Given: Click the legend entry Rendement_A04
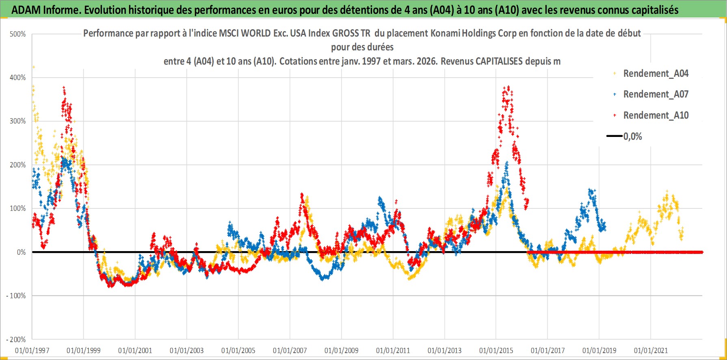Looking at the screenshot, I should tap(656, 74).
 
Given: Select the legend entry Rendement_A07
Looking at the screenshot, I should tap(656, 94).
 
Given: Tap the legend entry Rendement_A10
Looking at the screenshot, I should tap(656, 115).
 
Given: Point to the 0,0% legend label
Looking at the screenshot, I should tap(633, 137).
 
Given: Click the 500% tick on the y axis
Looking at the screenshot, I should tap(18, 34).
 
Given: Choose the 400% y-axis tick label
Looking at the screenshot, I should tap(18, 78).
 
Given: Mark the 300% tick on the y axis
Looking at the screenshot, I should tap(18, 121).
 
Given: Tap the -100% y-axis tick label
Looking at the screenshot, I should tap(16, 296).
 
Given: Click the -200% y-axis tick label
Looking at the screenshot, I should tap(16, 340).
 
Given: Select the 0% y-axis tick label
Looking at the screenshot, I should tap(21, 252).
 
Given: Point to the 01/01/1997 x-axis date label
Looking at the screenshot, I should tap(32, 351).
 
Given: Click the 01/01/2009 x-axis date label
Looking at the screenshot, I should tap(341, 351).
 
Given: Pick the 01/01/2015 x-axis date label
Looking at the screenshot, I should tap(496, 351).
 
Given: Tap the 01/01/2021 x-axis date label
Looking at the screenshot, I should tap(651, 351).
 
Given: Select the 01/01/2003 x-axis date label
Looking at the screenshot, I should tap(187, 351).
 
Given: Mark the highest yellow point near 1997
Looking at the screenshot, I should tap(34, 67).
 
